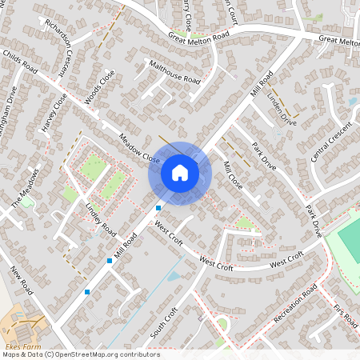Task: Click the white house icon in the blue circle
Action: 179,172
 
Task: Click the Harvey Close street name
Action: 55,113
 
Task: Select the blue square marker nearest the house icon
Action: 158,208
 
